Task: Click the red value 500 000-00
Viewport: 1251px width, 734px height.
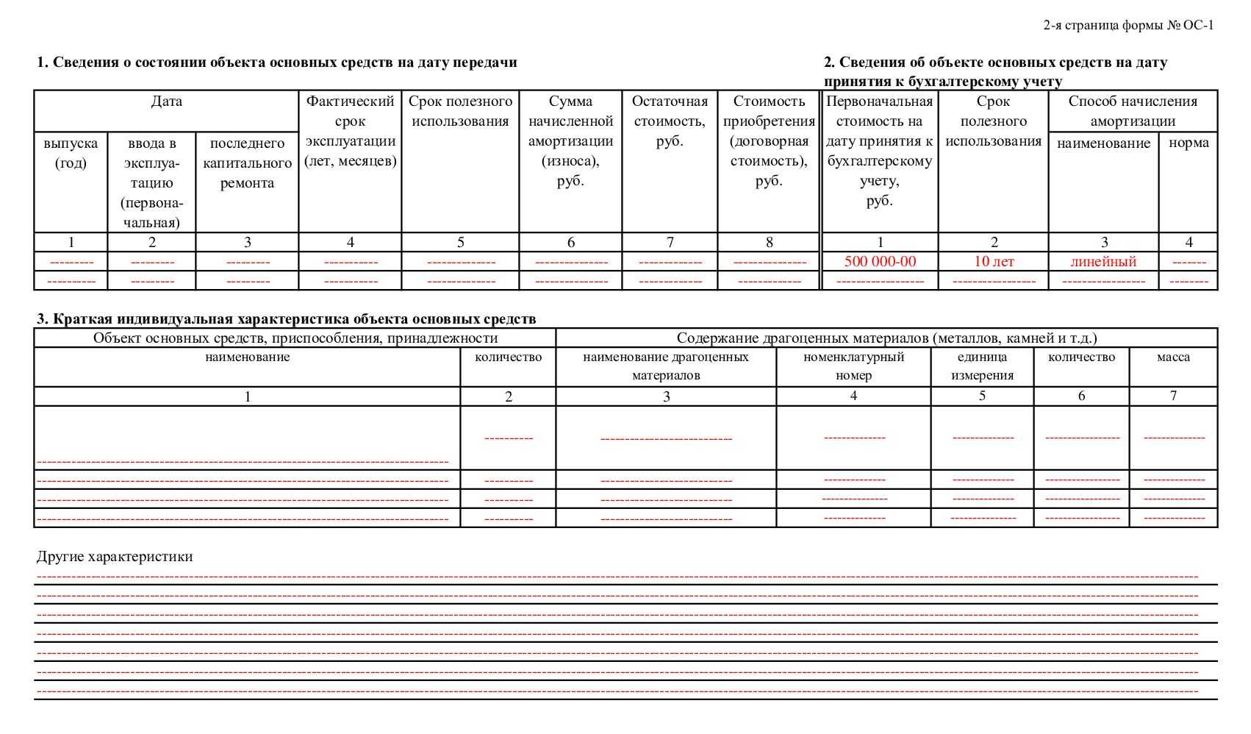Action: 880,262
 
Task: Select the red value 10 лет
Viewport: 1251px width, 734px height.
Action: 994,262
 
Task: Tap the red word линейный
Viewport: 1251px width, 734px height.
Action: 1103,262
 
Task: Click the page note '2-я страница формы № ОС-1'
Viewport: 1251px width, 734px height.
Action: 1128,26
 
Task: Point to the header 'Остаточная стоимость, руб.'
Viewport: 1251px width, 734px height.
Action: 670,121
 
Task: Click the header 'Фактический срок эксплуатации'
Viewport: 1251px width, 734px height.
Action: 350,131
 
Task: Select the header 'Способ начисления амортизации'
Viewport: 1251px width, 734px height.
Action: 1133,111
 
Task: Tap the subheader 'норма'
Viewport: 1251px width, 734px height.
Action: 1189,143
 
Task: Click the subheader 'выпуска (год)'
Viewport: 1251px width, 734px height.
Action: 71,153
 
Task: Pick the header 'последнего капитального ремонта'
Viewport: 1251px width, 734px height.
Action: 247,163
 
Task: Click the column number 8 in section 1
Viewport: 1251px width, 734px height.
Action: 769,242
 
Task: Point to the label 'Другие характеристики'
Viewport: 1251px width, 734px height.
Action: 115,557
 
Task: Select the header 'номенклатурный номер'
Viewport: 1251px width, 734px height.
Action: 853,366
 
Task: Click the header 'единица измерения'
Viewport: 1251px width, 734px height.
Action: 982,366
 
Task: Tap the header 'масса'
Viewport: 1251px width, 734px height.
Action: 1173,357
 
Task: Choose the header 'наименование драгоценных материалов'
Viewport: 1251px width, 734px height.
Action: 666,366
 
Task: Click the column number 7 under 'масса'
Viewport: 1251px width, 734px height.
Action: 1173,396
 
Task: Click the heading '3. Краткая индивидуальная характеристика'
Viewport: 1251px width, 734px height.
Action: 286,319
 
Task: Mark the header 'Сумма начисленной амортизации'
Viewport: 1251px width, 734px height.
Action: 570,141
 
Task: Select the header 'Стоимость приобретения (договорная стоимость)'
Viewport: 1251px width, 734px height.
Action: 769,141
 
